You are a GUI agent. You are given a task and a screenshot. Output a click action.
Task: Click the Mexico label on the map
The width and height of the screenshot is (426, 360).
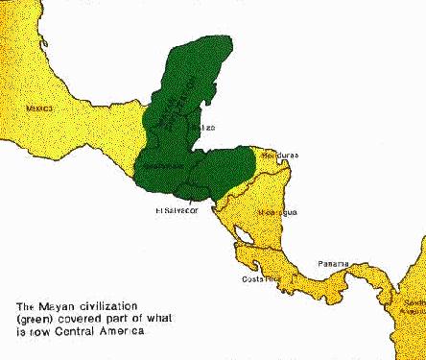point(37,109)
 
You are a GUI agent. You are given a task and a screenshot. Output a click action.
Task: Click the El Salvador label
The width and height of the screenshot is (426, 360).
point(176,210)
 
